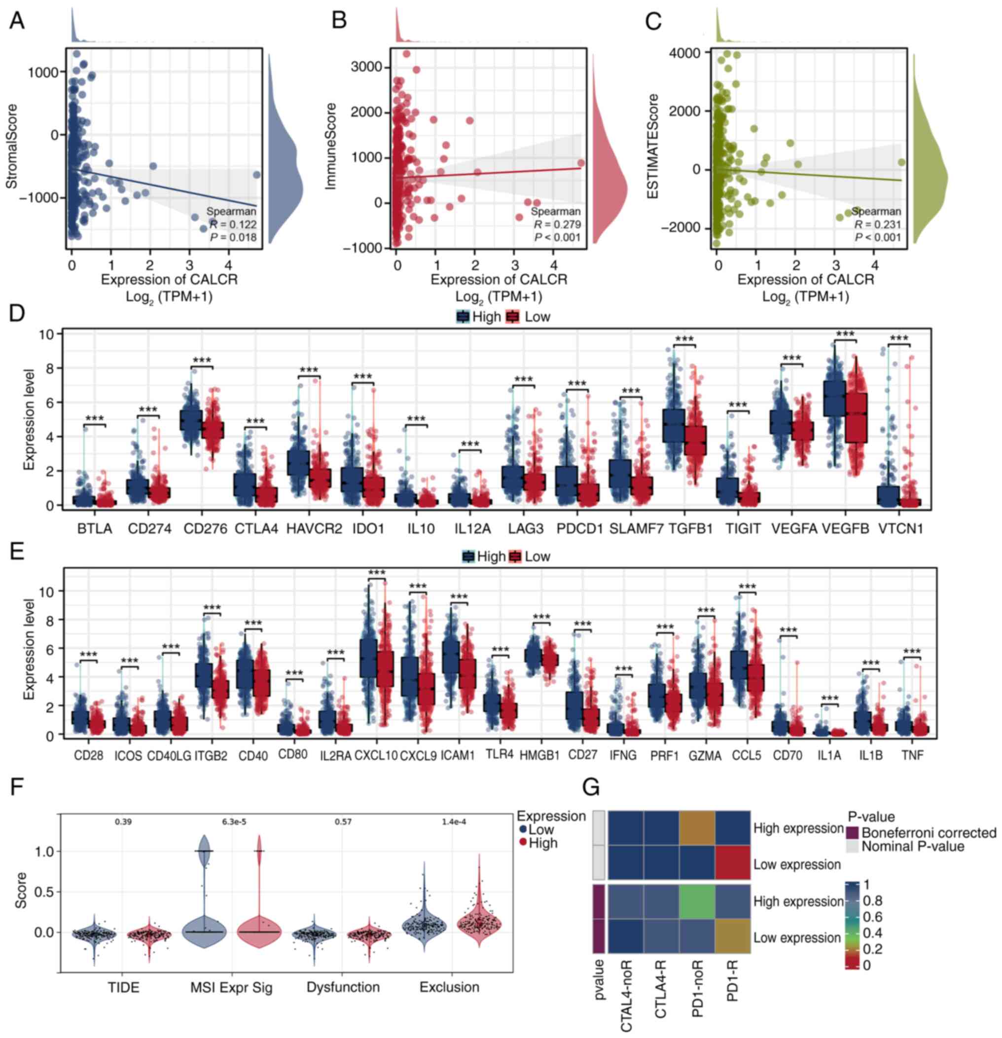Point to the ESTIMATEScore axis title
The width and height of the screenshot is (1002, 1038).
tap(653, 147)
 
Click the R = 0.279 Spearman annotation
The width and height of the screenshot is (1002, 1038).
tap(556, 224)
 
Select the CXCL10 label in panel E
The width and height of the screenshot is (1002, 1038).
tap(376, 756)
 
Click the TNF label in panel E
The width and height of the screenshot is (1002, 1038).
tap(912, 756)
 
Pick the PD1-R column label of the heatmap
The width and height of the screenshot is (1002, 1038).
tap(733, 990)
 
